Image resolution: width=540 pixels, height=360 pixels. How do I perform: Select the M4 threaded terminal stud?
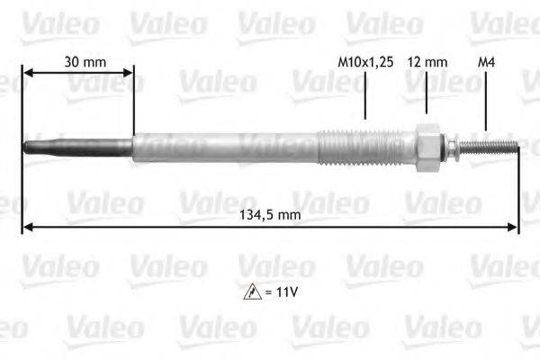tap(490, 144)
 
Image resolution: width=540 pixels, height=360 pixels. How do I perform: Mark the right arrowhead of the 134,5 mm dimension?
tap(514, 227)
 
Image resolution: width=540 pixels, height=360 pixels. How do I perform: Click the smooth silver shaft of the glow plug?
tap(225, 147)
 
